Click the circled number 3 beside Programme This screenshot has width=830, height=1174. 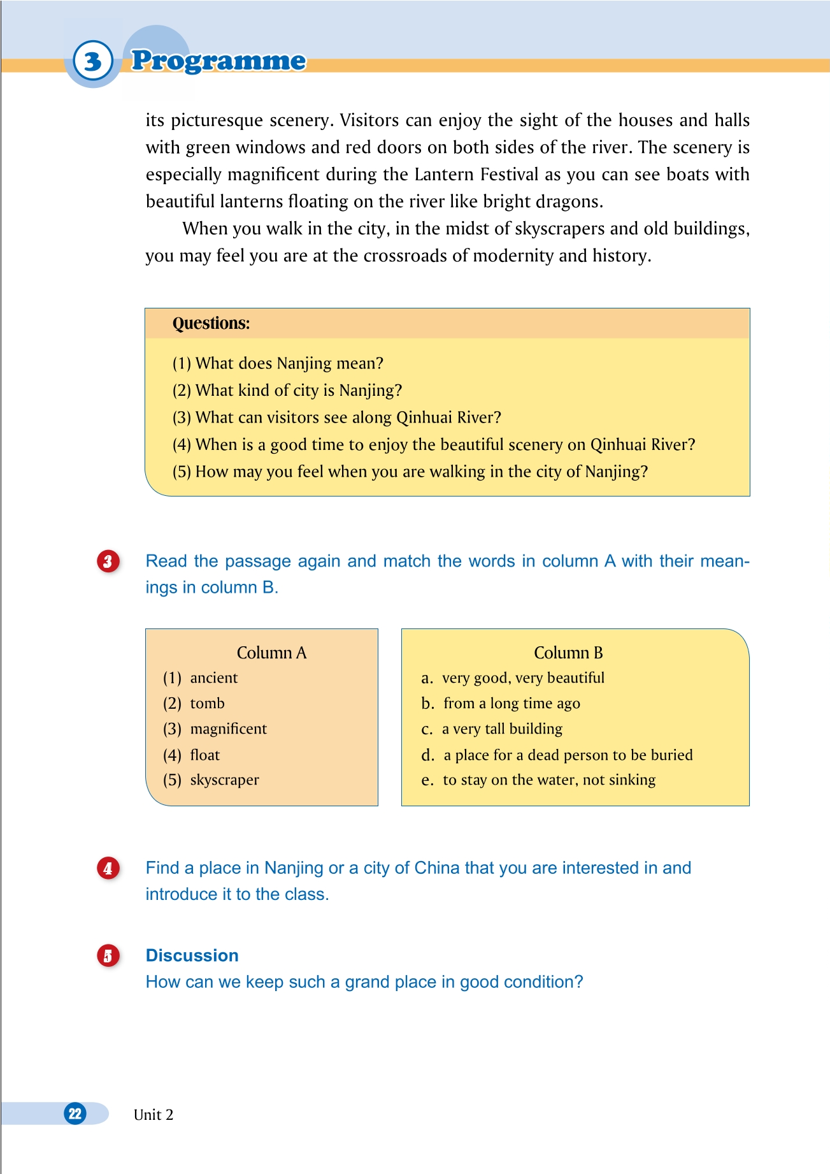(x=93, y=61)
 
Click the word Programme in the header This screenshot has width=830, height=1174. (x=218, y=61)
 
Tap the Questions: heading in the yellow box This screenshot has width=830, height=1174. (x=211, y=323)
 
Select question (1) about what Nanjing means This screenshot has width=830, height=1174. (x=278, y=363)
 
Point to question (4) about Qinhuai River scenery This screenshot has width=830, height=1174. (x=434, y=444)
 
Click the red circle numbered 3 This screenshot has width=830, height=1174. (x=108, y=562)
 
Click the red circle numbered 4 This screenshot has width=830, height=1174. (x=108, y=868)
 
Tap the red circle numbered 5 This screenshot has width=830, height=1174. (x=108, y=956)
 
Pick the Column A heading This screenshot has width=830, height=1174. (x=271, y=653)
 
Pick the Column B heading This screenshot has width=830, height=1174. (x=568, y=653)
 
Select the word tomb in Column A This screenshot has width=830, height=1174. (x=207, y=704)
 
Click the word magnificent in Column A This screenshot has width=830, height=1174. (x=228, y=729)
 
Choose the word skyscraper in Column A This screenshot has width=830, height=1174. (x=224, y=780)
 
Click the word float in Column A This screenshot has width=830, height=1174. (x=204, y=755)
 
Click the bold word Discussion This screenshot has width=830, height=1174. (x=192, y=955)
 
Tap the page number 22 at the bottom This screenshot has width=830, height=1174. (x=75, y=1113)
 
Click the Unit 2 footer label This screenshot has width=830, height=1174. (x=153, y=1115)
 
